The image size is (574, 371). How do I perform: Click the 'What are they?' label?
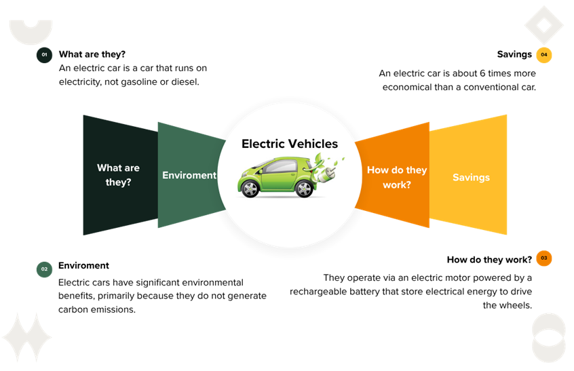pyautogui.click(x=118, y=175)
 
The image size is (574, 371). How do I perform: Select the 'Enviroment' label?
pyautogui.click(x=189, y=175)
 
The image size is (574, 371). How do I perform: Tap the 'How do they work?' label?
pyautogui.click(x=397, y=177)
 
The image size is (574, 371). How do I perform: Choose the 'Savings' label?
pyautogui.click(x=471, y=178)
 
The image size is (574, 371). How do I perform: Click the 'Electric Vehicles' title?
pyautogui.click(x=290, y=144)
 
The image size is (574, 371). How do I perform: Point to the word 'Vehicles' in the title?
pyautogui.click(x=313, y=144)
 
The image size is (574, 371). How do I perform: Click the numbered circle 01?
pyautogui.click(x=44, y=54)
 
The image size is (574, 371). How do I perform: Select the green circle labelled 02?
pyautogui.click(x=44, y=269)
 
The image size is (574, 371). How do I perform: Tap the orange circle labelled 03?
pyautogui.click(x=543, y=258)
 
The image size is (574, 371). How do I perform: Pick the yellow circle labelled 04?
pyautogui.click(x=543, y=55)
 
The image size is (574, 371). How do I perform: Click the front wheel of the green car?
pyautogui.click(x=251, y=188)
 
